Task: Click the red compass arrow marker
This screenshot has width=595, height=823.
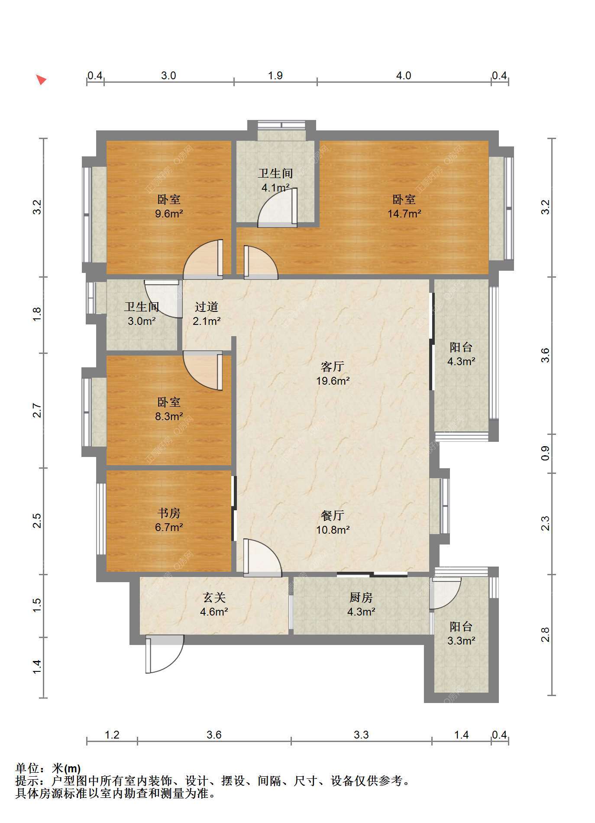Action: coord(41,80)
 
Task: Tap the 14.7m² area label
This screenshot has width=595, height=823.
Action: coord(404,214)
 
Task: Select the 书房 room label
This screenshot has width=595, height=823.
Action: coord(169,513)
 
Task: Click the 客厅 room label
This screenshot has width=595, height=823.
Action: coord(333,367)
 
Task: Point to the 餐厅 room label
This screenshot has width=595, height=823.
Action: coord(333,515)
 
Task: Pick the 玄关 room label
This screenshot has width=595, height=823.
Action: coord(214,598)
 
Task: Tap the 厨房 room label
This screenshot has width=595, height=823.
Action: coord(361,598)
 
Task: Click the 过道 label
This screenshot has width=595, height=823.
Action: coord(206,307)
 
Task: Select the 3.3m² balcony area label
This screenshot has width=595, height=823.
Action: coord(461,641)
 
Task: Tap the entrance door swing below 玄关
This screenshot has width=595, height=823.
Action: coord(165,654)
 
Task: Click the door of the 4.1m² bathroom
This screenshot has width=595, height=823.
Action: coord(278,207)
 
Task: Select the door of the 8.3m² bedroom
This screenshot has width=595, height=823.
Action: coord(203,370)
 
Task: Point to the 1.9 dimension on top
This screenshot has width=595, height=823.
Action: coord(275,76)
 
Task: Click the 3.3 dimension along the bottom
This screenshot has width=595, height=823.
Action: coord(361,735)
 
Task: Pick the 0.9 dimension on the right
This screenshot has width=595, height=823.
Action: coord(546,453)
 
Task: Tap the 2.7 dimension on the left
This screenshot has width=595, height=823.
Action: coord(37,410)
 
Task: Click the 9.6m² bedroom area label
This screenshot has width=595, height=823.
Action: coord(169,214)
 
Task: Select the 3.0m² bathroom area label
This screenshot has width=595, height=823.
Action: coord(142,321)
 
